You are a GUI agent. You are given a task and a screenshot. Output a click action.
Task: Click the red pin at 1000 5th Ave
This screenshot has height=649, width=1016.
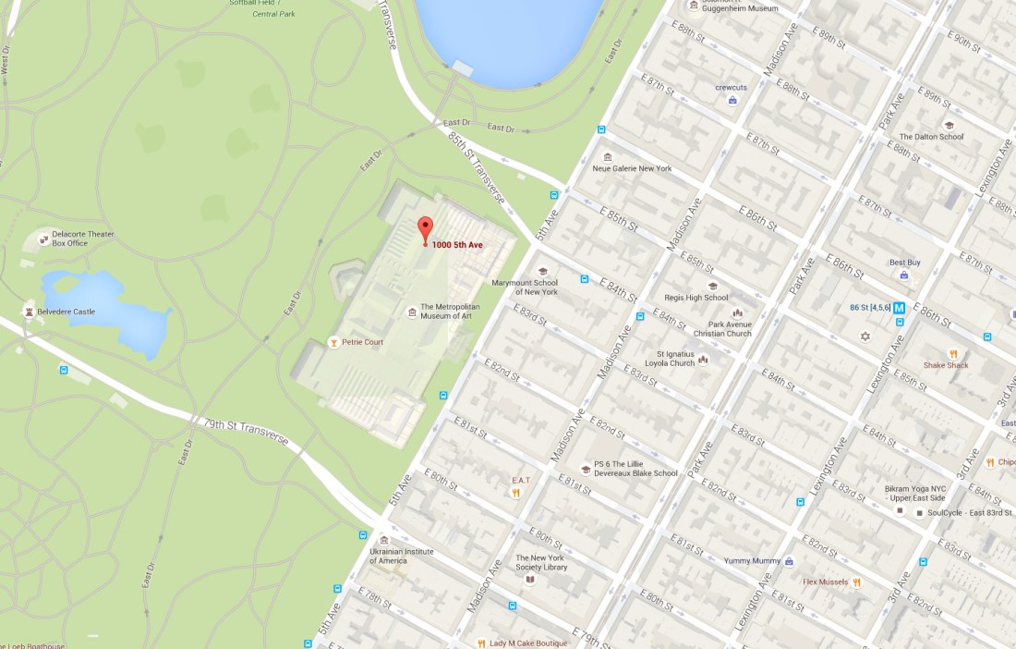point(425,228)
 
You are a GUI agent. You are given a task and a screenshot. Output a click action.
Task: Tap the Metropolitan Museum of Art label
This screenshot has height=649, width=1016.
point(452,312)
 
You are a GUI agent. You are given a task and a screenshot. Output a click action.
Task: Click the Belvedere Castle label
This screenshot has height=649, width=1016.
point(72,312)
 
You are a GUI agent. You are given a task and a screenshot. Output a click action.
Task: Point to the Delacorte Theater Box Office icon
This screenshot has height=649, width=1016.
point(43,239)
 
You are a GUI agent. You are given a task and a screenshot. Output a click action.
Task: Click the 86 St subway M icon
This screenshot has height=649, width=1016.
point(900,308)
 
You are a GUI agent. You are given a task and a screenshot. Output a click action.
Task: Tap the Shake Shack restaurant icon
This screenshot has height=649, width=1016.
point(952,353)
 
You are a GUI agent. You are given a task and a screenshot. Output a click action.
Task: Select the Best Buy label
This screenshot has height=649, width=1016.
point(904,263)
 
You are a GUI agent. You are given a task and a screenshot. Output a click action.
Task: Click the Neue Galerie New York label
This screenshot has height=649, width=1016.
point(632,169)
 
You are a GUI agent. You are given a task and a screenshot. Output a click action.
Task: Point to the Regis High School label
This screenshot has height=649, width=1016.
point(695,298)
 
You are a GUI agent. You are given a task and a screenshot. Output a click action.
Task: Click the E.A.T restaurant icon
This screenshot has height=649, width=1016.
point(516,493)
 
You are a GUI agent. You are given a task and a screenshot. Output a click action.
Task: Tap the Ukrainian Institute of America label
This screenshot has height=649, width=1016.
point(401,556)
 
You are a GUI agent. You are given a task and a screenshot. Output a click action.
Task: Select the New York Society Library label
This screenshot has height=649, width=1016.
point(541,562)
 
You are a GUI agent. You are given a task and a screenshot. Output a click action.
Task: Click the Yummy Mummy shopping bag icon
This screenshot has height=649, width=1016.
point(789,561)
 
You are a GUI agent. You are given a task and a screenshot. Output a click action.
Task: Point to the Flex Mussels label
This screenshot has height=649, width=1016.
point(826,582)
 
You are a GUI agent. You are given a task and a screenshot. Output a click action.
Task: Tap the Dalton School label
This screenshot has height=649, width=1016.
point(931,137)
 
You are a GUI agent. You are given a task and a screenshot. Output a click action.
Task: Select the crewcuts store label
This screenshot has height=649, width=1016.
point(730,88)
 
